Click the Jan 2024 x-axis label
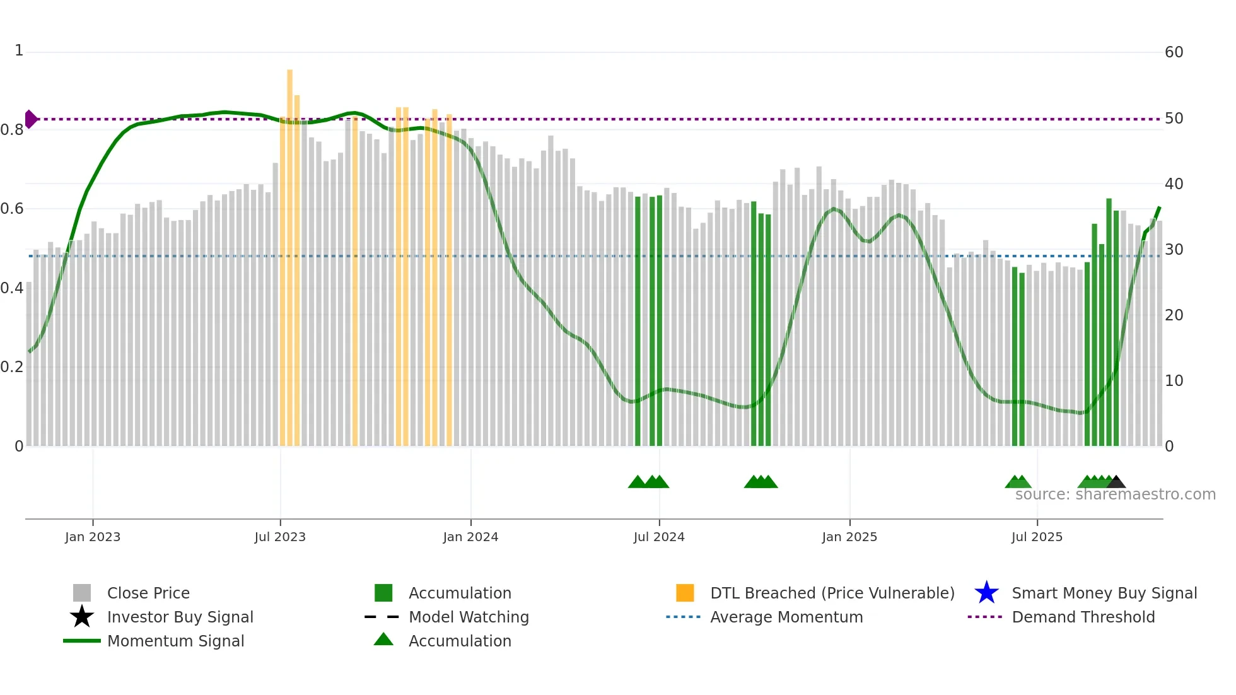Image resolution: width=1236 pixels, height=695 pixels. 470,537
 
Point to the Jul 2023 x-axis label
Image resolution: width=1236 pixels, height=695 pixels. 280,537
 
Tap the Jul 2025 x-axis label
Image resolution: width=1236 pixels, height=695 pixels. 1037,537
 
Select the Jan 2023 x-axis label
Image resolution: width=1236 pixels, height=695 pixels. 93,537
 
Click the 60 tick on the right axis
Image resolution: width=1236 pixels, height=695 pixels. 1174,52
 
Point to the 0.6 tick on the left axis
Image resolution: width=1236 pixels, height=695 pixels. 12,209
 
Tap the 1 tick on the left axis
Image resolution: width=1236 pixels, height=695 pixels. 19,50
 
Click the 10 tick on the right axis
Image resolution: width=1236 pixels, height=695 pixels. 1174,381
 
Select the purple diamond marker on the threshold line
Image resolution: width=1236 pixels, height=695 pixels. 30,119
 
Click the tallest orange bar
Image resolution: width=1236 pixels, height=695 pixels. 289,252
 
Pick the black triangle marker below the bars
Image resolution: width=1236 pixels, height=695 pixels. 1116,482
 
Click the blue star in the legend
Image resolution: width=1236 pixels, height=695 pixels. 986,593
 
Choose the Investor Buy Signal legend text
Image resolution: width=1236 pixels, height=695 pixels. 180,617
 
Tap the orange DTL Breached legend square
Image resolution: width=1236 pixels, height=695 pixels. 685,593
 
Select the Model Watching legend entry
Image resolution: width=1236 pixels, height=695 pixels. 469,617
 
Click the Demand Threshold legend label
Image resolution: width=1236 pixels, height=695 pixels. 1083,617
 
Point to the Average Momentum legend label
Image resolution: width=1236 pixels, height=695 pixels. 786,617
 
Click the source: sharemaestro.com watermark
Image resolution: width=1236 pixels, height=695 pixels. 1115,494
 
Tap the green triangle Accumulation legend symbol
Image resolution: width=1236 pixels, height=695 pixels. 383,640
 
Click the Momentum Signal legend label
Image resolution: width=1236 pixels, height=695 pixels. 175,641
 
